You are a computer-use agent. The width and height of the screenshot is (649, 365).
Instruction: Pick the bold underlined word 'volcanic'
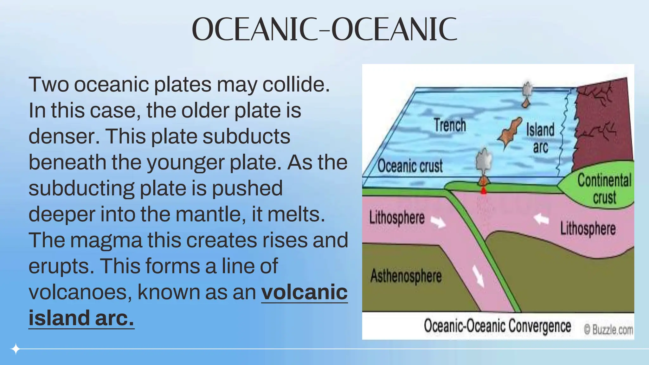pos(304,292)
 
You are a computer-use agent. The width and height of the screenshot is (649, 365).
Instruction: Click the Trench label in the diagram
pos(450,125)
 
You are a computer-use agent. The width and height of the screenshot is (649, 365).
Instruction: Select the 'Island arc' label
pos(540,138)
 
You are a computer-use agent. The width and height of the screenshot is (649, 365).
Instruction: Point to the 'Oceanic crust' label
pos(410,166)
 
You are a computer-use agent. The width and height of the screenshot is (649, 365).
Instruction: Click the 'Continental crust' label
pos(604,189)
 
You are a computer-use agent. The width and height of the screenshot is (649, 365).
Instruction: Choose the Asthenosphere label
pos(406,276)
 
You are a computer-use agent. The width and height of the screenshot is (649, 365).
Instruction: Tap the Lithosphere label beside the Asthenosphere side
pos(397,218)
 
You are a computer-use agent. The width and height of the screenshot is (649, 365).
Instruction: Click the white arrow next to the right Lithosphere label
pos(541,219)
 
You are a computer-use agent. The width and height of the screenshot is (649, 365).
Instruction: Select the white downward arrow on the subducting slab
pos(478,276)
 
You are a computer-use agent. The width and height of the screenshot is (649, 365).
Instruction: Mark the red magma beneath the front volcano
pos(484,191)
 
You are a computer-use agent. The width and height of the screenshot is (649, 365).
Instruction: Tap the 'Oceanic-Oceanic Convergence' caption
pos(497,326)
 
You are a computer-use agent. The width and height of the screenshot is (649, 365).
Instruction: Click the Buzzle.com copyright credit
pos(608,330)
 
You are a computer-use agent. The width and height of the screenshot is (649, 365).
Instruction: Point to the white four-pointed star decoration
pos(15,349)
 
